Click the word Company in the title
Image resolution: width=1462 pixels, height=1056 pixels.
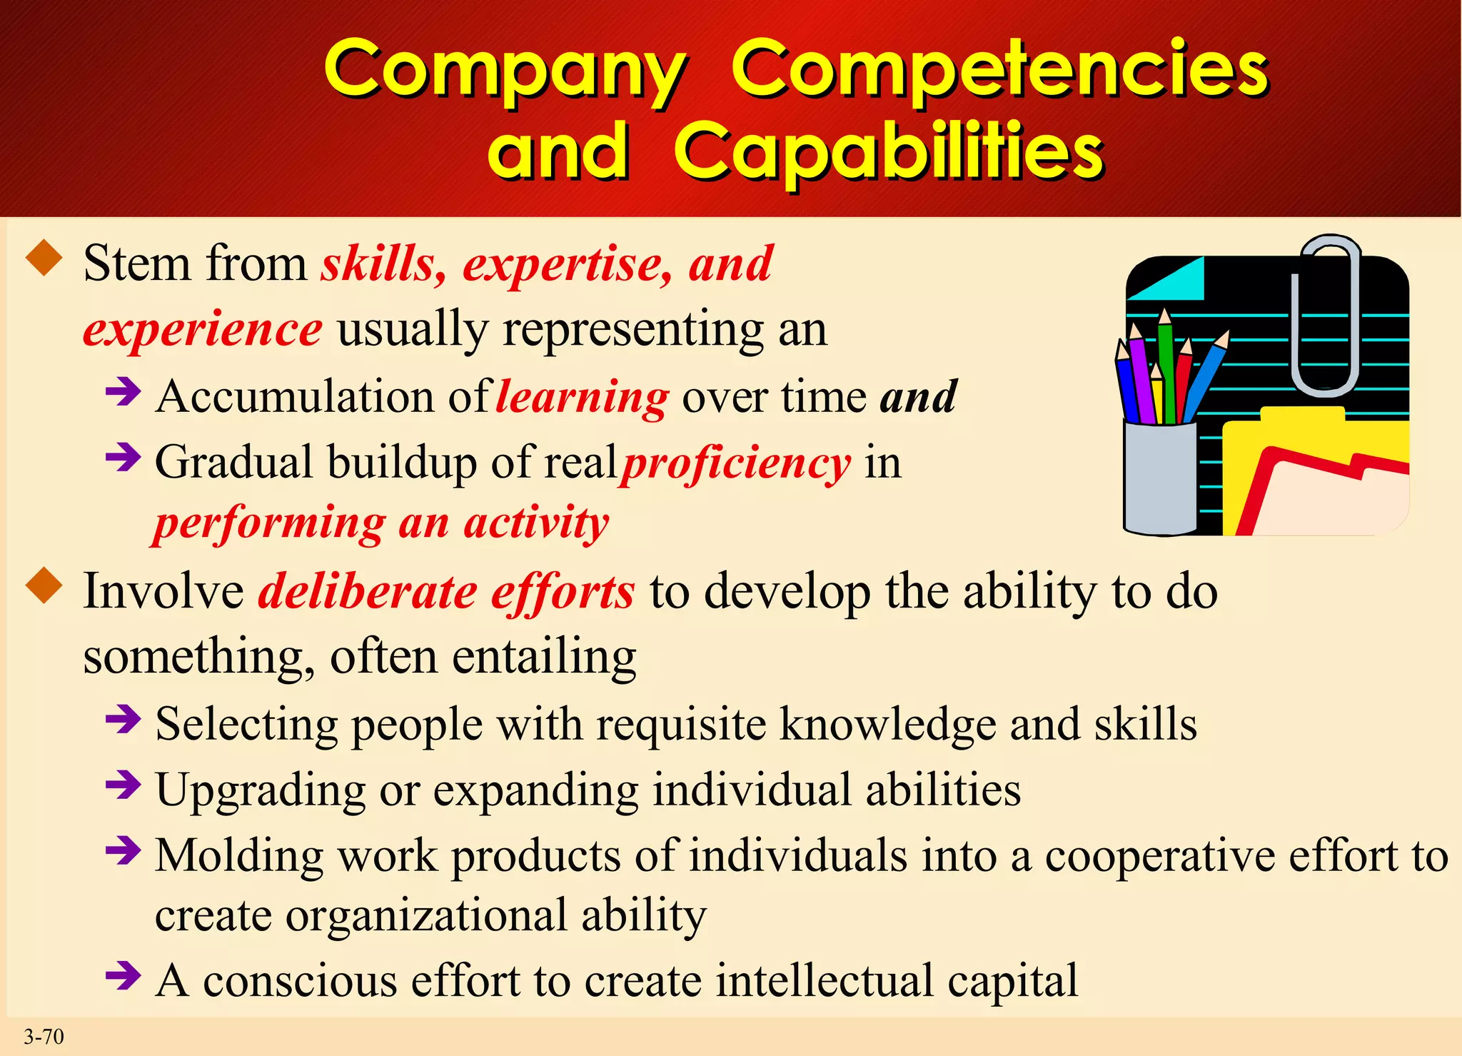click(505, 71)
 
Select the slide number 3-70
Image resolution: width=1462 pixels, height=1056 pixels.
click(44, 1036)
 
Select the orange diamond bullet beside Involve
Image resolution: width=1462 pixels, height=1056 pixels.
click(44, 585)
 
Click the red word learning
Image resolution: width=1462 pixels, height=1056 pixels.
click(582, 397)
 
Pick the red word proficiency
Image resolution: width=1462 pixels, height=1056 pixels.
click(736, 463)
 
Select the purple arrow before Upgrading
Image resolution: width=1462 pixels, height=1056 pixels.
click(123, 785)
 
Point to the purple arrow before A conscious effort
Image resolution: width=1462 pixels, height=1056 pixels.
click(123, 975)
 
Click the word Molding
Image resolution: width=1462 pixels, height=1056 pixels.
click(238, 855)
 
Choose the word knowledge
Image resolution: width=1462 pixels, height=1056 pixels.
click(887, 724)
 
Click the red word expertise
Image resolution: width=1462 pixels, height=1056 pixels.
click(567, 264)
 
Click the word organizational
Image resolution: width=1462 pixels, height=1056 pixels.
click(425, 915)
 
